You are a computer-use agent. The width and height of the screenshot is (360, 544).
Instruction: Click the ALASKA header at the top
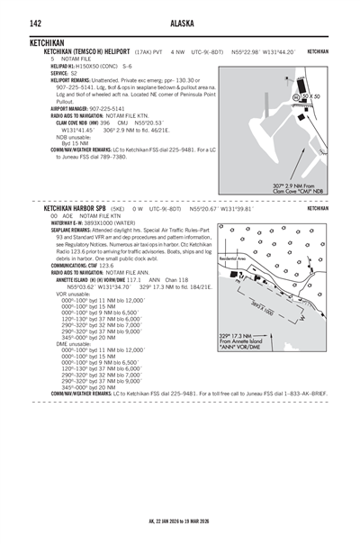(179, 24)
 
